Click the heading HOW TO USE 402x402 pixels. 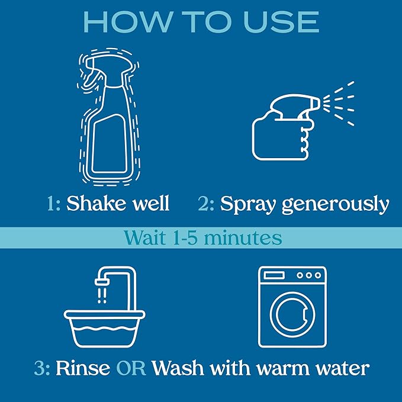tap(201, 21)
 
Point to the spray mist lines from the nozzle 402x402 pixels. tap(342, 104)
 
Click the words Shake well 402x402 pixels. tap(118, 204)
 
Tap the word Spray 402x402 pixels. tap(248, 205)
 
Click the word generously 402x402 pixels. tap(335, 205)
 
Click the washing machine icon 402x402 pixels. tap(292, 306)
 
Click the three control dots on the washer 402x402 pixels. tap(309, 275)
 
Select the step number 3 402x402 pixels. tap(41, 368)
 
